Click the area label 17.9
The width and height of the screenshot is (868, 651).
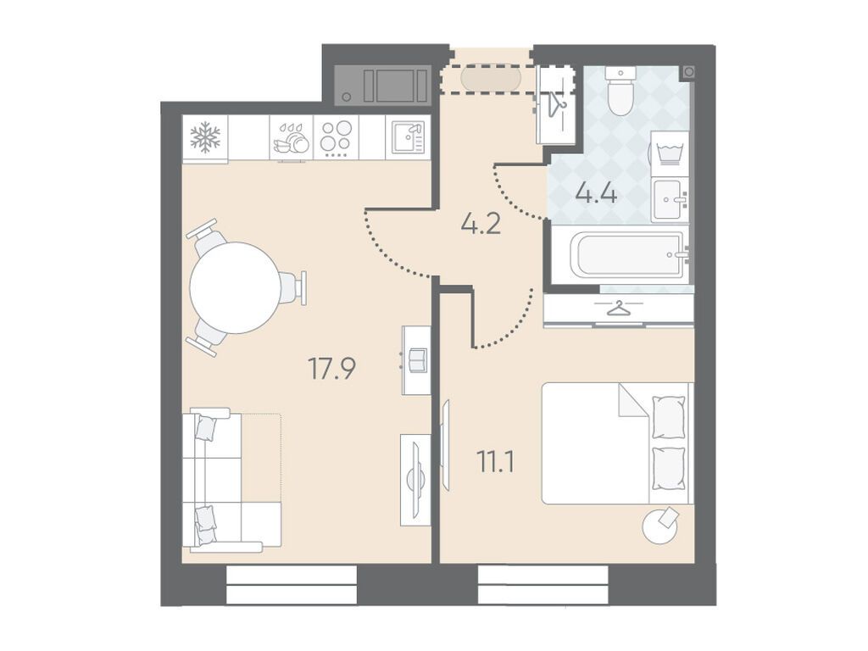pos(331,369)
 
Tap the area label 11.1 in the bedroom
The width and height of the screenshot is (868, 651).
pos(496,462)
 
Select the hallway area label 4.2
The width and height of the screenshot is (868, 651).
pos(481,224)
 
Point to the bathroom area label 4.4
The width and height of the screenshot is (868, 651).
pos(596,194)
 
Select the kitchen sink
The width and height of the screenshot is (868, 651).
pos(409,136)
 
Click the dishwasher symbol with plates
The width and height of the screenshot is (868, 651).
pos(292,139)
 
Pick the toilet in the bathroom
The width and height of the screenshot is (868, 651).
pos(620,91)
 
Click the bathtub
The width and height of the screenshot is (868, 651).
pos(630,255)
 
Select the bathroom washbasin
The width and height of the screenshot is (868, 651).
pos(670,200)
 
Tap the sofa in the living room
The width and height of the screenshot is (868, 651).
pos(232,480)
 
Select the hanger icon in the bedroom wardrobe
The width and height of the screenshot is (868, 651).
pos(618,309)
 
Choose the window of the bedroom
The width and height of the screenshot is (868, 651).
pos(543,585)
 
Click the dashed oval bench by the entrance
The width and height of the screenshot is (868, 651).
pos(491,79)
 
